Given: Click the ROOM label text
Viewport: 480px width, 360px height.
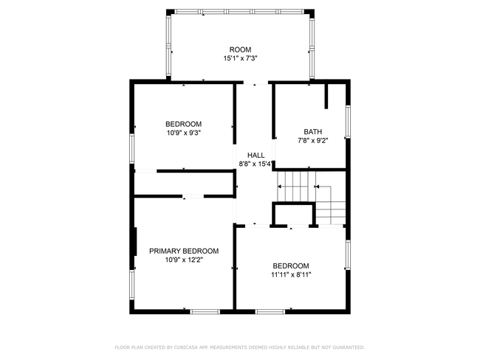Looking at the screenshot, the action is (240, 49).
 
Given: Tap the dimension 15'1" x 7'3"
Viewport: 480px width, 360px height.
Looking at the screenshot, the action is (240, 58).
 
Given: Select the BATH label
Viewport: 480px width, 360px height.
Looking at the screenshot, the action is (313, 132).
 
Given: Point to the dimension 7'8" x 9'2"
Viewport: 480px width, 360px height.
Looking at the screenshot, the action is (313, 141).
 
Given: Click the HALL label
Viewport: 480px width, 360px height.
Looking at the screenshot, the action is (256, 156).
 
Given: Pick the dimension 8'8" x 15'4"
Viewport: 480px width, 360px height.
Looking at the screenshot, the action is (256, 165).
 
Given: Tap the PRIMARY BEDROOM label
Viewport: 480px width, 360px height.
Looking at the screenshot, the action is (184, 251).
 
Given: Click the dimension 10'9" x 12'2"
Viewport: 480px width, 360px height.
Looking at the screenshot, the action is (184, 260).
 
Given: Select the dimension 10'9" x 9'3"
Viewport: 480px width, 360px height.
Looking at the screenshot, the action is (184, 133).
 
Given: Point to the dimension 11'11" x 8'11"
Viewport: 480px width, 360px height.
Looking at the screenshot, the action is (291, 274).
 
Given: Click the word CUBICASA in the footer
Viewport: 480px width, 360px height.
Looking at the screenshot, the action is (186, 347).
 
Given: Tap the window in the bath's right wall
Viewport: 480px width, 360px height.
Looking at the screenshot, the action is (348, 122).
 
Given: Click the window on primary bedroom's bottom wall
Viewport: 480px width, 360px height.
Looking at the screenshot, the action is (205, 311).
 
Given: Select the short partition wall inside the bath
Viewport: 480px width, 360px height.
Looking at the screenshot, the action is (326, 96).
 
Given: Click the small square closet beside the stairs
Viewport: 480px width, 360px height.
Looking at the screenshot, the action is (293, 215).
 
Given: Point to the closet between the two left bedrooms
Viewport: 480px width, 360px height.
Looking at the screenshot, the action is (184, 183).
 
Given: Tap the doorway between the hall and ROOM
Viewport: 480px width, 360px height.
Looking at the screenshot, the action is (256, 83).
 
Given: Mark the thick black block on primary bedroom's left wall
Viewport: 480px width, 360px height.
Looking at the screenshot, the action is (135, 241).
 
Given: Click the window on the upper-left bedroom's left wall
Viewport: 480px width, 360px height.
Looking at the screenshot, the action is (132, 148).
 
